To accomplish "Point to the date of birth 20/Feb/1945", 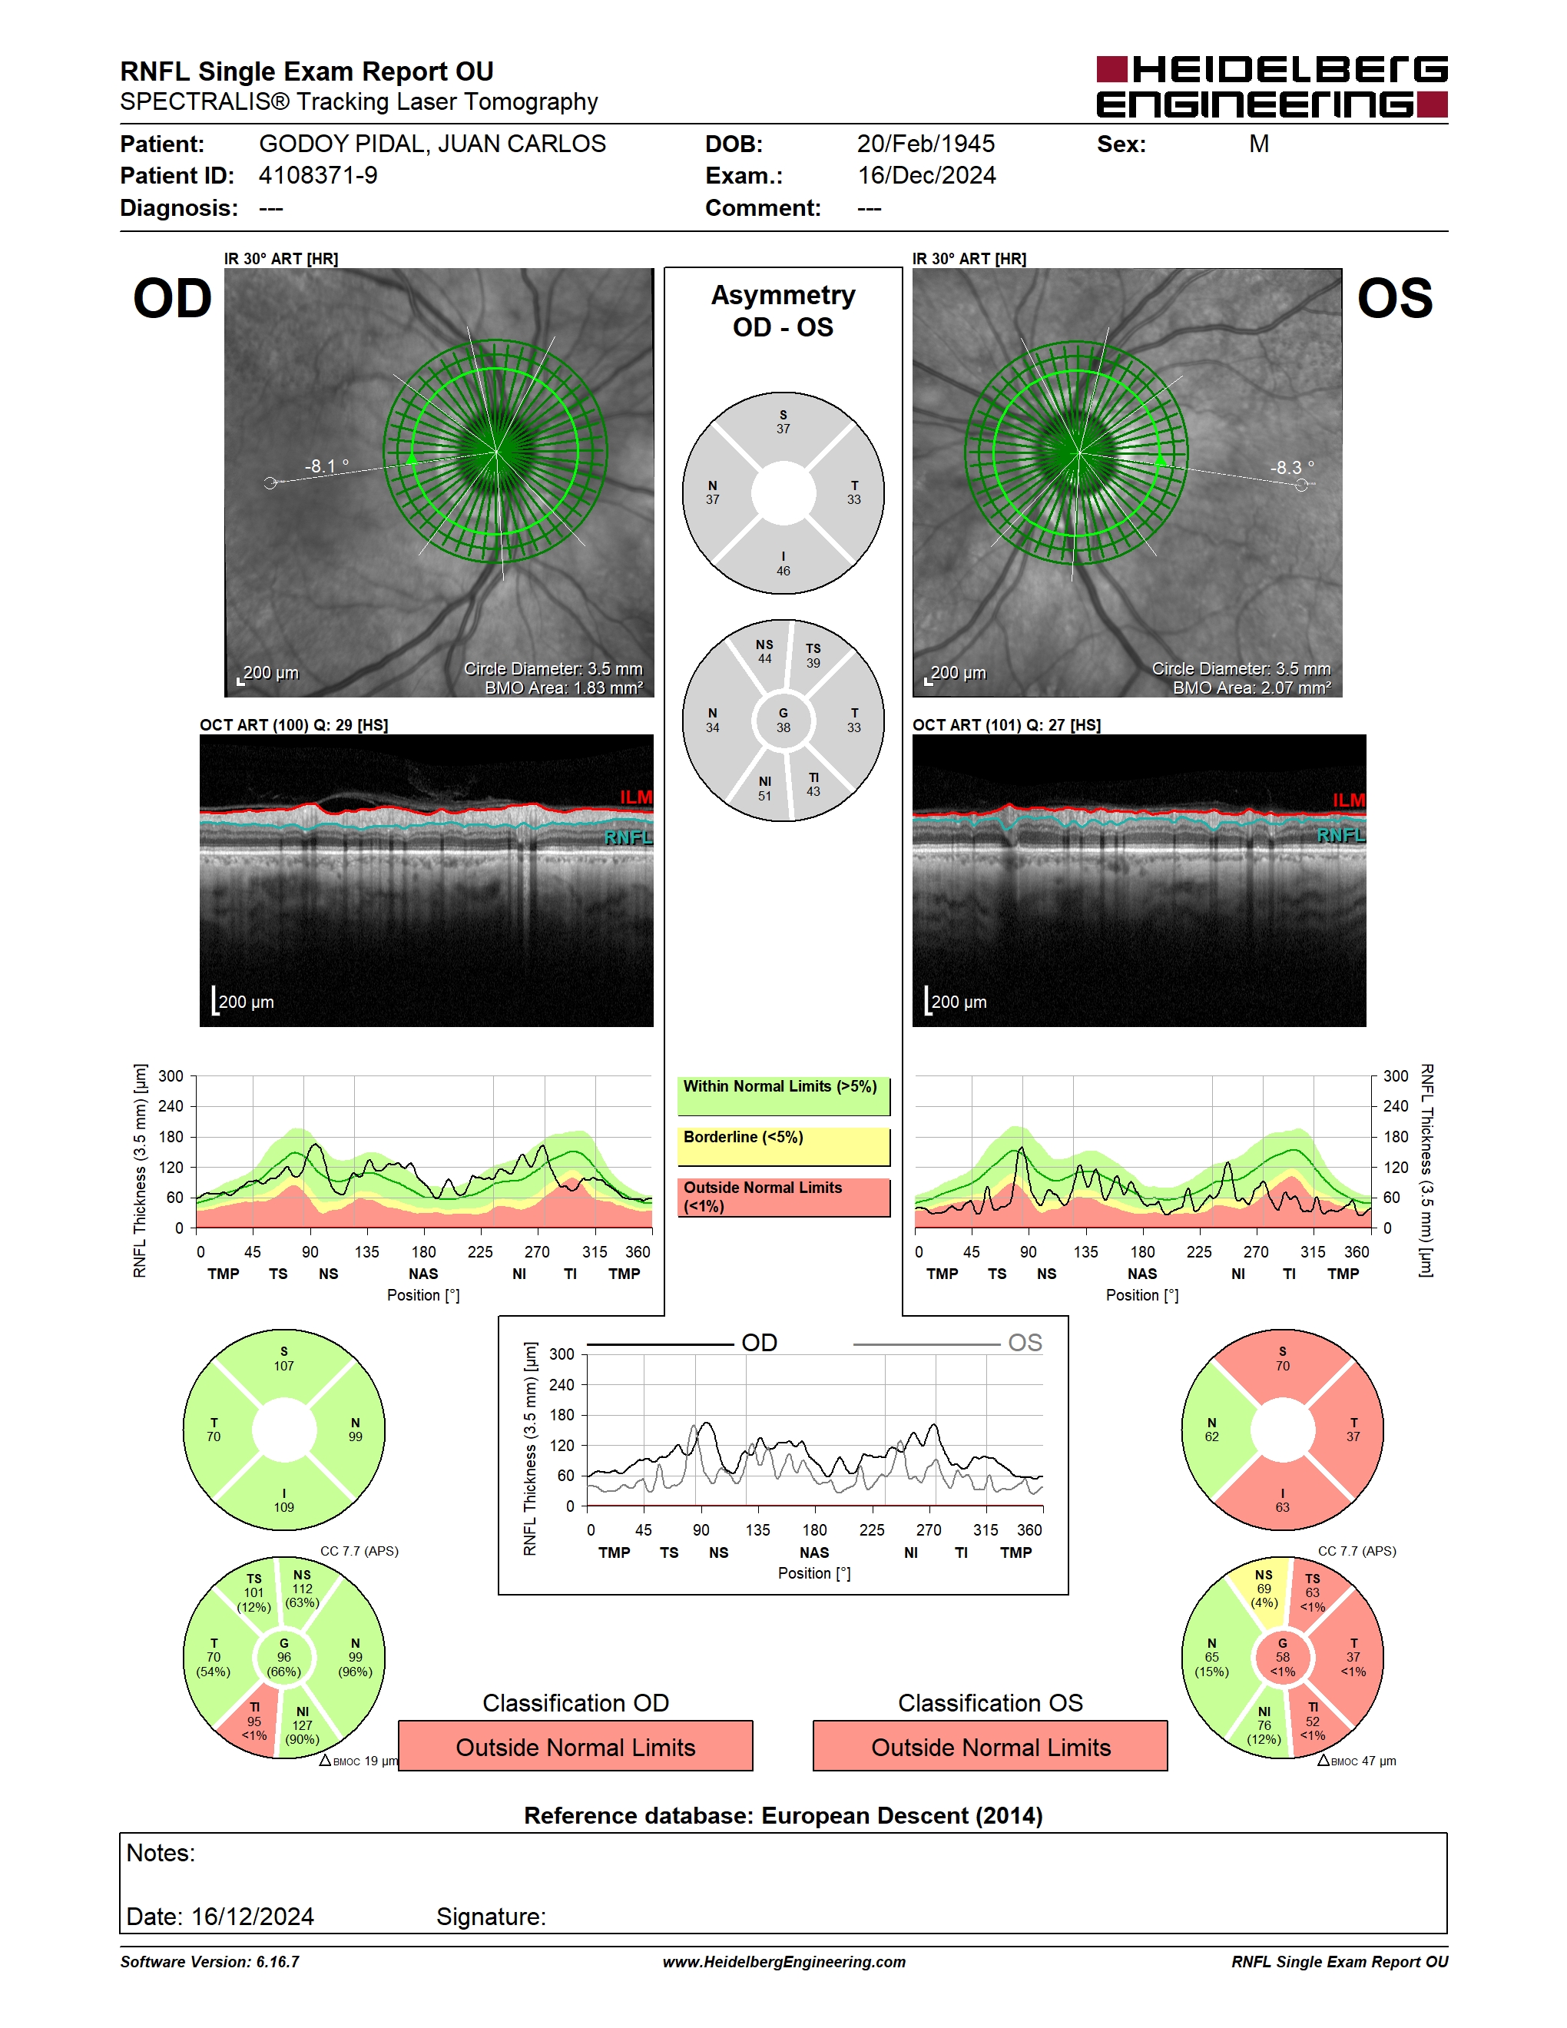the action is [x=926, y=144].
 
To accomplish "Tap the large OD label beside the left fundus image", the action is [x=173, y=299].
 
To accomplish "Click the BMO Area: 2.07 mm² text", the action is [x=1251, y=688].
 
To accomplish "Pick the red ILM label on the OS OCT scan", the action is [x=1349, y=800].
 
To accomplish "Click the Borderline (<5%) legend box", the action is [x=783, y=1147].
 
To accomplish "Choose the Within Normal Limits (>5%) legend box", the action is [x=783, y=1097].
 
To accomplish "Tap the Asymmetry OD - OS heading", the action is [x=783, y=311].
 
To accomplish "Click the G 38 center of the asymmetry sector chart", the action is [x=783, y=721].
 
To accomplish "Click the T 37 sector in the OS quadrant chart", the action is [x=1352, y=1430].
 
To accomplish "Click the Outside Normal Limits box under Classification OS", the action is [x=991, y=1747].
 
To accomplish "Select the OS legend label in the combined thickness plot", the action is [x=1025, y=1343].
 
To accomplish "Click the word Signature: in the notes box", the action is [x=491, y=1917].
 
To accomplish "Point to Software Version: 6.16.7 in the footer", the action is [x=210, y=1962].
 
